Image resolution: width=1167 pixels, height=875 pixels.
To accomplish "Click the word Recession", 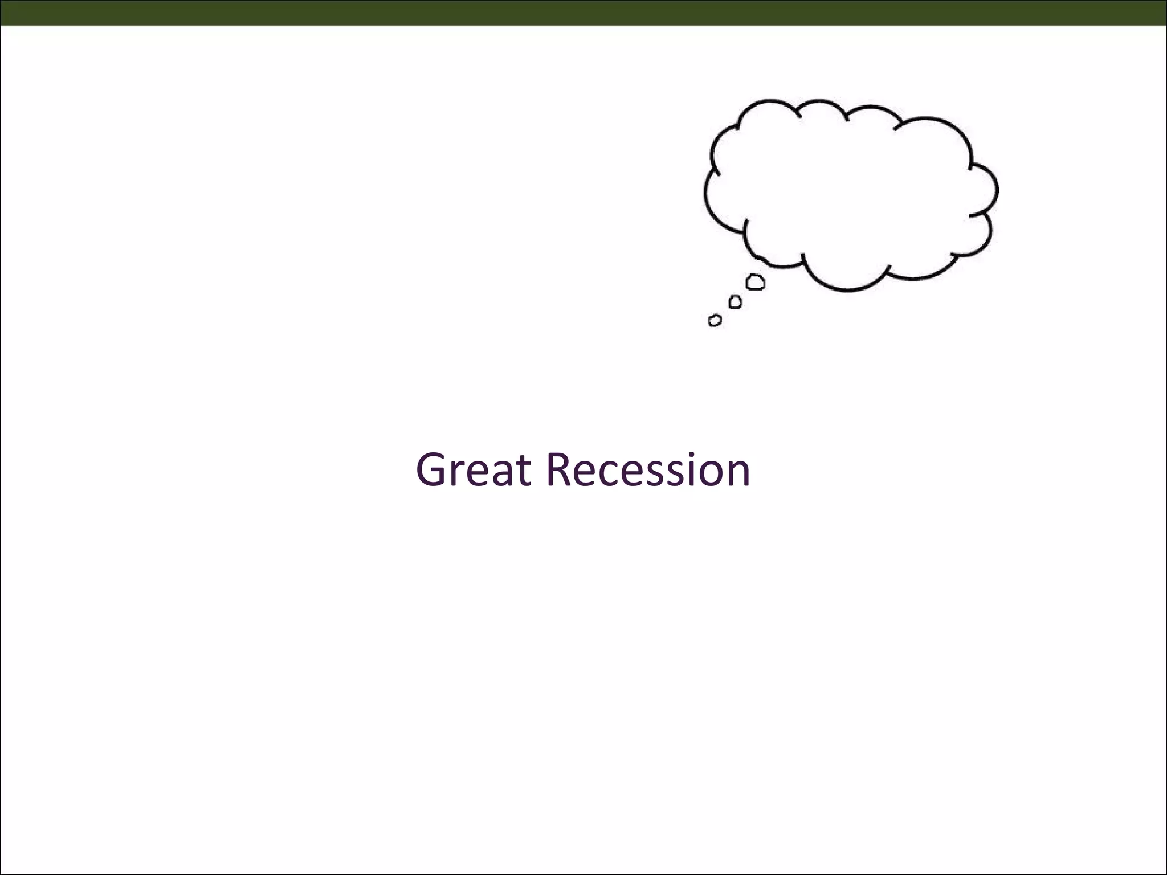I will pos(648,470).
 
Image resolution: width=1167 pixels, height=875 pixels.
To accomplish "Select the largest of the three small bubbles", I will pos(755,281).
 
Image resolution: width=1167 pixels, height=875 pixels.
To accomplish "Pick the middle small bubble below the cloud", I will pos(735,301).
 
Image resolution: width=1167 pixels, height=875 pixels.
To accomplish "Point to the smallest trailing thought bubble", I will pos(715,320).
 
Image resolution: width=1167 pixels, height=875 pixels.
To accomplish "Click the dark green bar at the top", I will pos(583,13).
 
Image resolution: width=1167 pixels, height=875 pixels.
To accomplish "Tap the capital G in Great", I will pos(434,470).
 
